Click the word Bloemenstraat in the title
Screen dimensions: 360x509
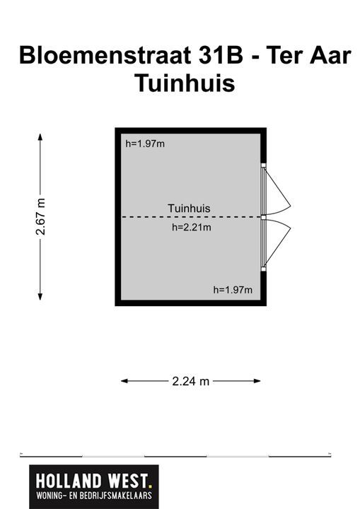tap(105, 55)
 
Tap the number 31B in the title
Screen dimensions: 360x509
tap(221, 55)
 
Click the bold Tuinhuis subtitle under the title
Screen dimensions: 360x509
tap(185, 83)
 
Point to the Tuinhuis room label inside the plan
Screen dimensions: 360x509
tap(189, 208)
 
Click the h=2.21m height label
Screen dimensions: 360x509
tap(192, 227)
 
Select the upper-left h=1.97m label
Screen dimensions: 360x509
tap(145, 144)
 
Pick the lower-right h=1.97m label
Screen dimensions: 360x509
tap(233, 290)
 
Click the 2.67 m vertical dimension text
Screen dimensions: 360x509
tap(40, 216)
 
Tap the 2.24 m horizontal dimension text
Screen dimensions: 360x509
tap(191, 381)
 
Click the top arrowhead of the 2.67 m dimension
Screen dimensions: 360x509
tap(40, 136)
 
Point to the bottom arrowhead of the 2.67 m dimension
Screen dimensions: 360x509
tap(40, 297)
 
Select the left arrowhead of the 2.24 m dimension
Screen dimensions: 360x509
tap(124, 381)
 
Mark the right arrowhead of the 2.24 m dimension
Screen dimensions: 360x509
tap(257, 381)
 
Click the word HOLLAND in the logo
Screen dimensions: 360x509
tap(69, 481)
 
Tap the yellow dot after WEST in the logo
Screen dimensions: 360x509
tap(150, 486)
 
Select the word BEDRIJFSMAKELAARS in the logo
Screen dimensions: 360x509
tap(116, 496)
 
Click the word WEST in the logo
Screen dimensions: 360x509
tap(128, 481)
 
